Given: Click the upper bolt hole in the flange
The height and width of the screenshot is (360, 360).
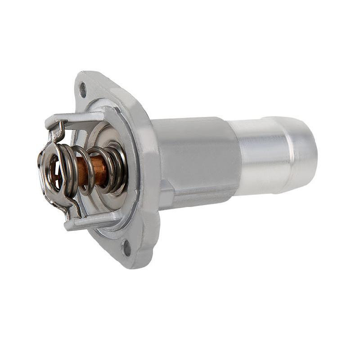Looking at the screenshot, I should pos(83,89).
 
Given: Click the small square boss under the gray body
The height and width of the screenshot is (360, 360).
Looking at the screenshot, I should pos(166,198).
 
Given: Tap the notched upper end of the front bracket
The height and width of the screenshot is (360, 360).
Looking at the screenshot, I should pos(56,130).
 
